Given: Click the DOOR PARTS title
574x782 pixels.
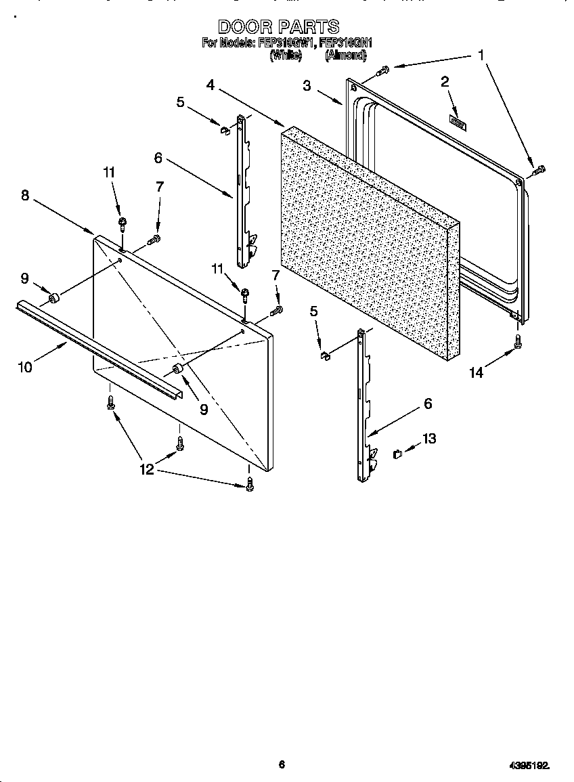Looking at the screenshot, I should pos(278,27).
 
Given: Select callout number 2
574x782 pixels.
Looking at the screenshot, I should pos(445,83).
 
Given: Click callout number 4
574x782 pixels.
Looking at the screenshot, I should pos(211,85).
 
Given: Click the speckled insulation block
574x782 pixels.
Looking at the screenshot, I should pos(366,244).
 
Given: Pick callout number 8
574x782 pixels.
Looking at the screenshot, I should pos(25,195).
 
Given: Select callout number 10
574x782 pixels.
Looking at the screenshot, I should pos(25,368).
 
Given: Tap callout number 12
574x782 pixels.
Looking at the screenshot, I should pos(147,469).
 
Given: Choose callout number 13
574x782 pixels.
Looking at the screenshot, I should pos(429,439).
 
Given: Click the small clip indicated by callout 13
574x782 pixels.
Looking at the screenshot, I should pos(398,453).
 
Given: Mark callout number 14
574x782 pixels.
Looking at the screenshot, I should pos(477,372).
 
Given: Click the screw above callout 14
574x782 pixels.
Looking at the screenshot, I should pos(518,341).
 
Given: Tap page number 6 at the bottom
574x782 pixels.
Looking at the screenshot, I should pos(282,764).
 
